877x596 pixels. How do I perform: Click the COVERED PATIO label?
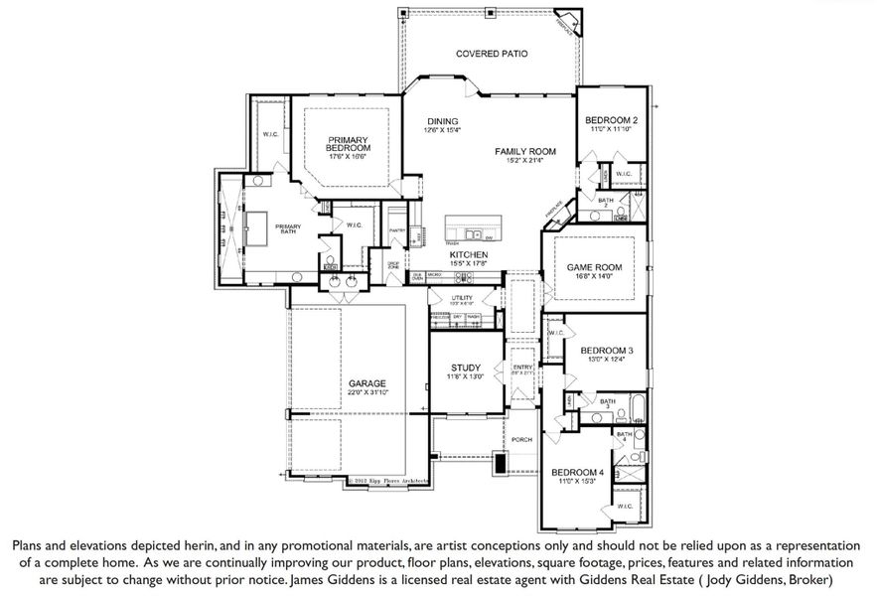pos(491,54)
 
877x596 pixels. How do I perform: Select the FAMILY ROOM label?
pos(525,152)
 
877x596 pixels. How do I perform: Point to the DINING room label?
pos(442,120)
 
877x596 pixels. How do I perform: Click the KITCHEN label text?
pos(466,255)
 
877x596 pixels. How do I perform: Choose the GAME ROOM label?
pos(593,268)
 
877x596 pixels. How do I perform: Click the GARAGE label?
pos(366,383)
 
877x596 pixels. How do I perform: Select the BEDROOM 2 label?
pos(611,120)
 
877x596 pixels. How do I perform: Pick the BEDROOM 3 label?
pos(607,351)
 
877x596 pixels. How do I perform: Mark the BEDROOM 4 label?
pos(577,472)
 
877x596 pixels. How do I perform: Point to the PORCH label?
pos(522,440)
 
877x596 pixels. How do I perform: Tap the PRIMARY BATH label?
pos(288,228)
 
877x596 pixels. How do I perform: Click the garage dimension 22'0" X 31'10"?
pos(366,393)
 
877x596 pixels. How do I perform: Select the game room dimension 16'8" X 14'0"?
pos(593,278)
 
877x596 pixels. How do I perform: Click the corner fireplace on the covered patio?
pos(566,24)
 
